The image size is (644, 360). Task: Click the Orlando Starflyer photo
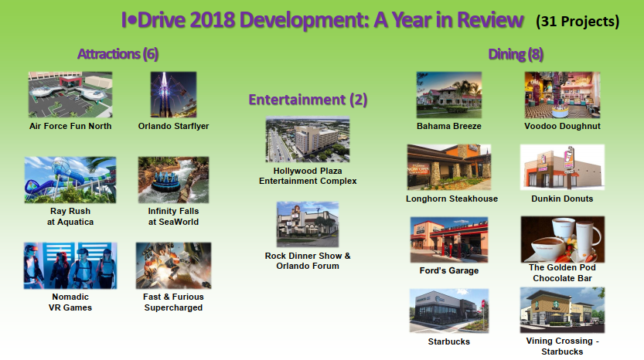173,95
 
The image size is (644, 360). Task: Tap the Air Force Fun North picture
70,95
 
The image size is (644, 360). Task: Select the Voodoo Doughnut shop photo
562,95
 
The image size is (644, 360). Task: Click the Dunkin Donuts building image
562,167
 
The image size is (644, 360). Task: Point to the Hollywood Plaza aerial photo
308,140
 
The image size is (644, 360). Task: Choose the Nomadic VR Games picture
70,266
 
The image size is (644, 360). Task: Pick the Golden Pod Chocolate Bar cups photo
563,239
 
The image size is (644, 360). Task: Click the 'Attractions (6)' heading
118,54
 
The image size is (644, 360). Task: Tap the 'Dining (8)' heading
516,54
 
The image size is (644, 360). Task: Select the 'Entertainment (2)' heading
308,100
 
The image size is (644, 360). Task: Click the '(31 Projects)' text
578,22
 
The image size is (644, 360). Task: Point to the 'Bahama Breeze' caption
449,126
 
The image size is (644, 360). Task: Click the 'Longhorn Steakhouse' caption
451,199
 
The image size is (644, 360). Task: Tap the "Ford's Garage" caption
449,270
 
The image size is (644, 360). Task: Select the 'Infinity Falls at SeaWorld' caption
173,216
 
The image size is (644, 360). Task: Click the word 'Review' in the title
490,20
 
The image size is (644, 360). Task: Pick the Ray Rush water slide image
70,180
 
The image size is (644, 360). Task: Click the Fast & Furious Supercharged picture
173,266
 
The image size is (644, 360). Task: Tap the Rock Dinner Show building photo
308,224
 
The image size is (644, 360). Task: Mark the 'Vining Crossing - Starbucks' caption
562,346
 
